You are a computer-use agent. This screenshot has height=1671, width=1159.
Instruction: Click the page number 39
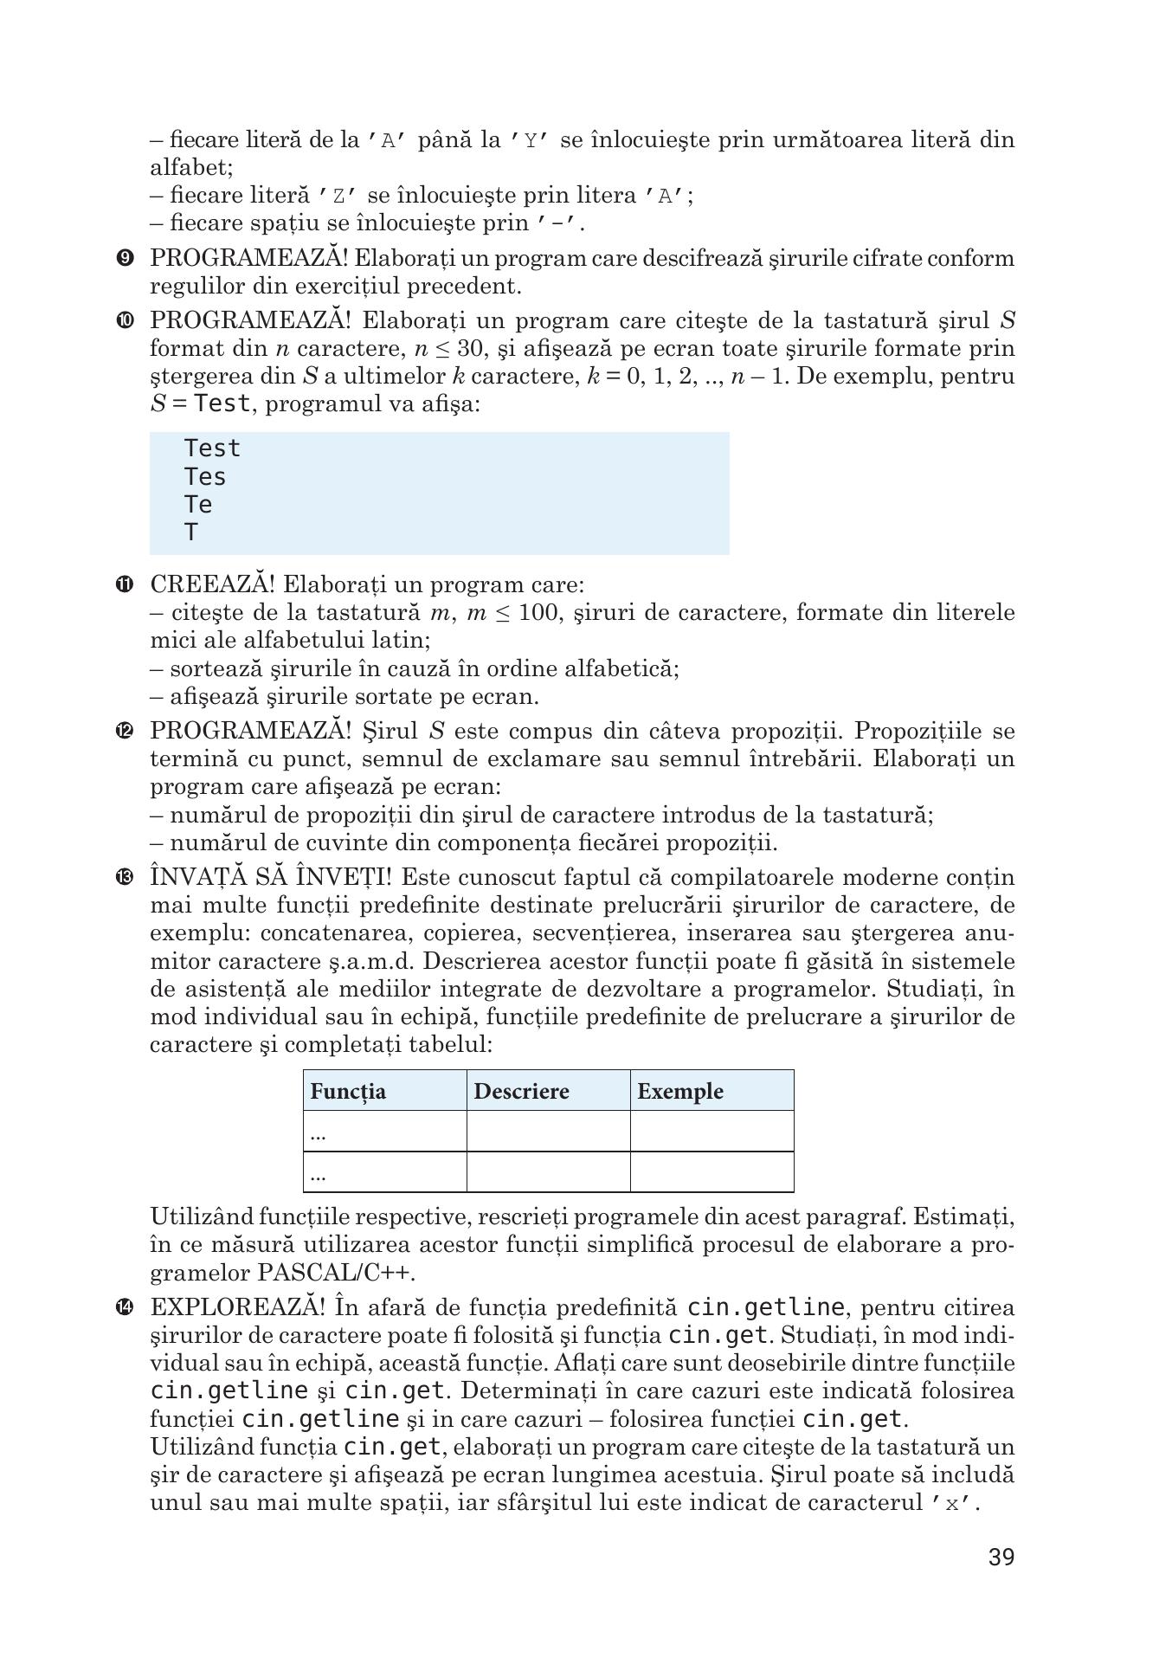(1001, 1558)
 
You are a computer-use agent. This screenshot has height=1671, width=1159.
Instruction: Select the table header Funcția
(348, 1091)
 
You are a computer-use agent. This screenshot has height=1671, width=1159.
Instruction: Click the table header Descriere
(521, 1091)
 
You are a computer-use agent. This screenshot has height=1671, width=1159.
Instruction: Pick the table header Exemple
(680, 1091)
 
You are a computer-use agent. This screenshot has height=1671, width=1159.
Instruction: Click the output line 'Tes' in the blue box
(205, 477)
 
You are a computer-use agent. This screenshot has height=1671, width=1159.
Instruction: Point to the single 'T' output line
(191, 532)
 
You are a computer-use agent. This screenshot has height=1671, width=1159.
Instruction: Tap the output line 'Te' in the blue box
(198, 505)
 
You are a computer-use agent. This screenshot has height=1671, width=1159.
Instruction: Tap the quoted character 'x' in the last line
(952, 1503)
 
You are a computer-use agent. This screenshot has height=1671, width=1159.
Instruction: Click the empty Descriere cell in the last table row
(548, 1172)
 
